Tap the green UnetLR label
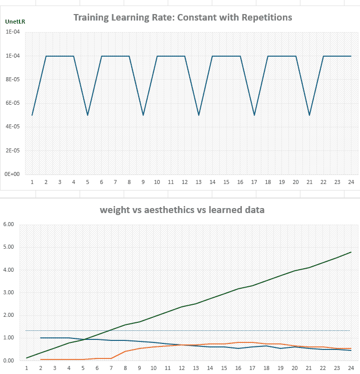point(15,22)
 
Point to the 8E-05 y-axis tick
point(13,79)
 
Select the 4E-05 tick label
point(13,127)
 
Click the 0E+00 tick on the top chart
point(12,174)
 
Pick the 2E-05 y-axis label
point(13,150)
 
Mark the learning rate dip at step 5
point(88,115)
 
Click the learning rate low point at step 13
point(199,115)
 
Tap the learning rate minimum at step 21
point(309,115)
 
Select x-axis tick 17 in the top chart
point(254,182)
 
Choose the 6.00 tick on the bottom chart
point(9,224)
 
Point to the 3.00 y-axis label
point(9,292)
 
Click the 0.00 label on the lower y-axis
point(9,360)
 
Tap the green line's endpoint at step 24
point(351,252)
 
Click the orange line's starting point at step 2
point(41,359)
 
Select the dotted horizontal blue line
point(188,330)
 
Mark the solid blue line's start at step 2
point(41,338)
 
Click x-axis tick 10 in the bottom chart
point(153,368)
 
